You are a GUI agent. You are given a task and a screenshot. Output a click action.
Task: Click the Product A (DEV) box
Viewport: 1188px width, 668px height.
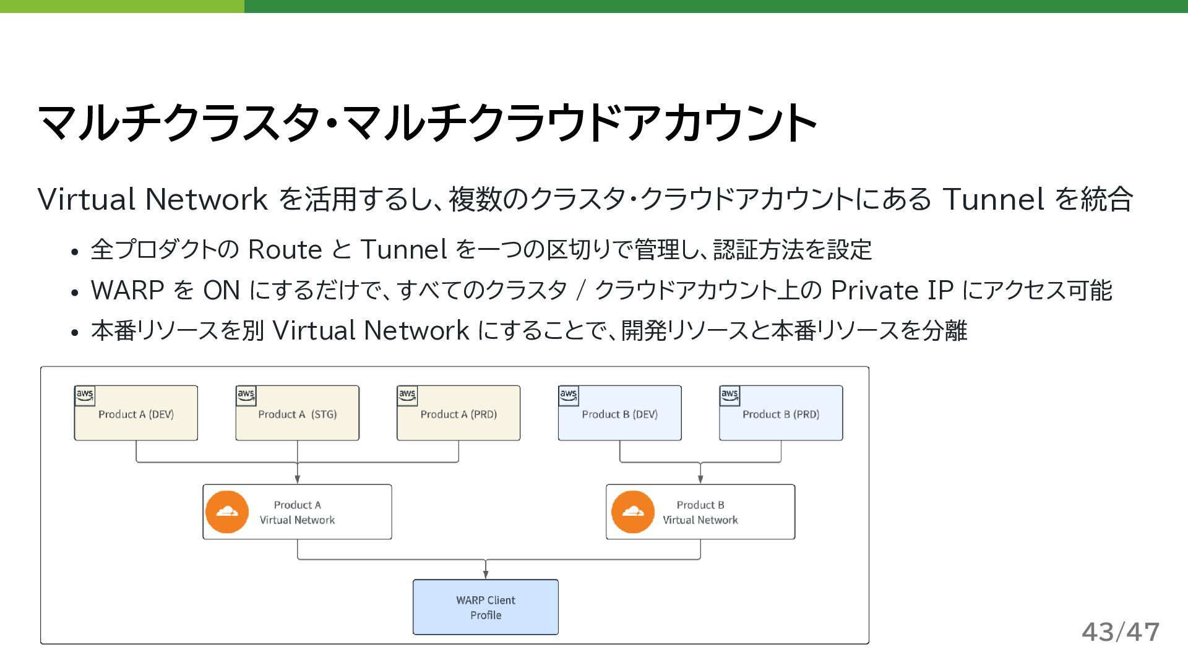[x=136, y=413]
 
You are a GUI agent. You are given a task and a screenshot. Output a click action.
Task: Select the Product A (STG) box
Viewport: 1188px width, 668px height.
[x=297, y=413]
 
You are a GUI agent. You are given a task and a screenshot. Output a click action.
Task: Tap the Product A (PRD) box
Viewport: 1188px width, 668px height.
[x=458, y=413]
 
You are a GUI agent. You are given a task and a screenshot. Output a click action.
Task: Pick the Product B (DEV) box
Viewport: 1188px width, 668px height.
[x=619, y=413]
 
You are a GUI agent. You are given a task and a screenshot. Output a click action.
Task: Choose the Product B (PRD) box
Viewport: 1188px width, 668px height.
[x=781, y=413]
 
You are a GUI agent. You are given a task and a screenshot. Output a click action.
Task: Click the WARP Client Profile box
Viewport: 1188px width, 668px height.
[x=486, y=607]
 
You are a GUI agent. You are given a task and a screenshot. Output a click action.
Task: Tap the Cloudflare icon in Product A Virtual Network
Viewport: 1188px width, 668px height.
[x=227, y=512]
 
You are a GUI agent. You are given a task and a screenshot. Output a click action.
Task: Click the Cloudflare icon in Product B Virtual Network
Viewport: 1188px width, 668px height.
[x=632, y=512]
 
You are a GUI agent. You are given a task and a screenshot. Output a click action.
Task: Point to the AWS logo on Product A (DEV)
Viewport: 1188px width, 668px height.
[x=85, y=395]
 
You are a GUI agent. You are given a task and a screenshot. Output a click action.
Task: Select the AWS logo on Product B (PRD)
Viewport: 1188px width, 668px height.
[x=730, y=395]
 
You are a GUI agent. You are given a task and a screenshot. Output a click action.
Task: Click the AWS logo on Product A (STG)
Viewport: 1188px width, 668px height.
[x=246, y=395]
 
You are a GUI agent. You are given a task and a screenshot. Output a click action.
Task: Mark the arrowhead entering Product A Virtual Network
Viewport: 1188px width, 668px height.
[x=298, y=479]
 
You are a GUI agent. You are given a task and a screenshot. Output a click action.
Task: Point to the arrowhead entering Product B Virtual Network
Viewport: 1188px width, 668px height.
[x=700, y=479]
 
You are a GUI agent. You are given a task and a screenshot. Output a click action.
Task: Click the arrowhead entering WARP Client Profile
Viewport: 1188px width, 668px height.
[x=486, y=575]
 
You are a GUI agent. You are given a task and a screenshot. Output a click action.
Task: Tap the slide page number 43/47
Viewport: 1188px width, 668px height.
[x=1120, y=632]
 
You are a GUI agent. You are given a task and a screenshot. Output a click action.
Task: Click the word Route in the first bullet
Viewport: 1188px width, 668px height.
[x=285, y=250]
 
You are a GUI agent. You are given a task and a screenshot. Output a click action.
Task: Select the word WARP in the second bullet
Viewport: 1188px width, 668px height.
[x=127, y=291]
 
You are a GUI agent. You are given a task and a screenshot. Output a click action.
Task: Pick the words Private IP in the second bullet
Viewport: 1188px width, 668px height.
[x=892, y=291]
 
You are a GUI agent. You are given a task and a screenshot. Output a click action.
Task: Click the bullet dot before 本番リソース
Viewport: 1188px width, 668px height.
[x=75, y=333]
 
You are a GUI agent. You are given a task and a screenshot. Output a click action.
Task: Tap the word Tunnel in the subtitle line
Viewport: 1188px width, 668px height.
[x=993, y=200]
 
